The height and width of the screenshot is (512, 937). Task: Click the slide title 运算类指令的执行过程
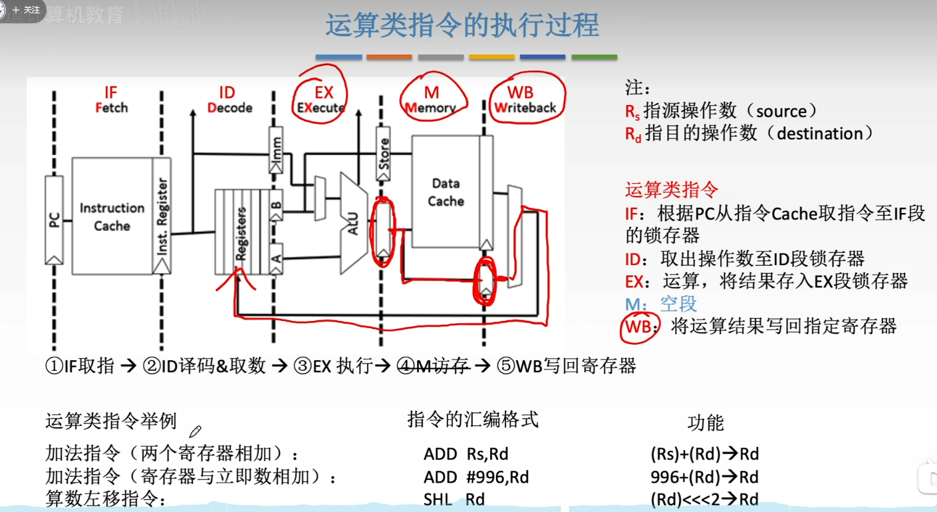point(462,25)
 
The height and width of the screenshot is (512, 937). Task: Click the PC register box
point(54,220)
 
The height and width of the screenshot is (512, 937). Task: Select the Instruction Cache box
point(112,216)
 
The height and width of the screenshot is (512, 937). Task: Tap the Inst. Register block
point(162,216)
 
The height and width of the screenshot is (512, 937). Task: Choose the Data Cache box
point(446,192)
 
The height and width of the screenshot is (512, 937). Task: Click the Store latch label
point(382,154)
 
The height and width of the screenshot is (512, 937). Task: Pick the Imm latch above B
point(277,150)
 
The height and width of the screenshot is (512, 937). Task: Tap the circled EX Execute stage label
point(323,100)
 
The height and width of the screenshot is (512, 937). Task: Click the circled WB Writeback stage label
point(525,100)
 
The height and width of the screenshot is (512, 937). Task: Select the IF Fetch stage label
point(111,100)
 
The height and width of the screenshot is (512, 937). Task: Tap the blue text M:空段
point(661,304)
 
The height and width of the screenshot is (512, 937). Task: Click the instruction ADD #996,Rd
point(476,477)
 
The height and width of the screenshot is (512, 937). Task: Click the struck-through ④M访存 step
point(433,366)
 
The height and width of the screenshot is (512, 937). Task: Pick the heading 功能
point(706,423)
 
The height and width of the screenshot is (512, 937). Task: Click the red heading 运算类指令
point(672,190)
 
